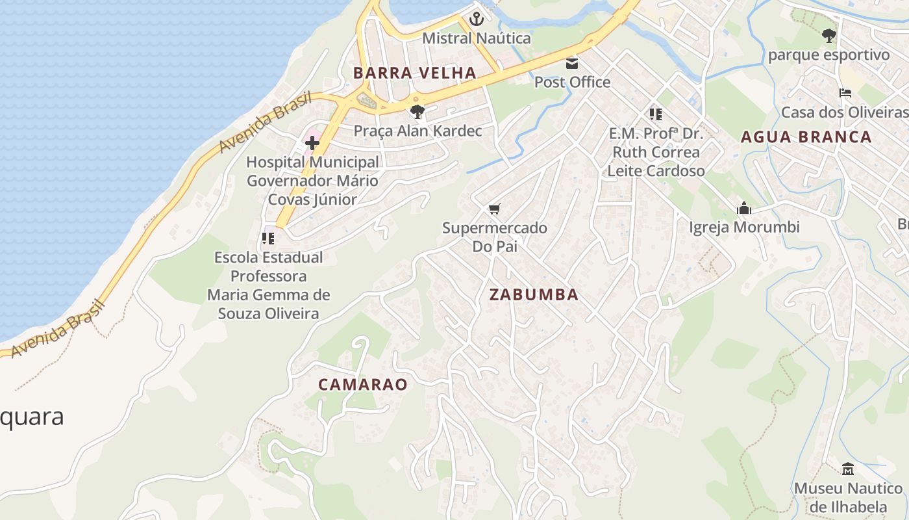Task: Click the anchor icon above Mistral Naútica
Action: [x=477, y=19]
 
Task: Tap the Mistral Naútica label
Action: [x=477, y=38]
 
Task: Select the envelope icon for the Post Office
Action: [x=572, y=63]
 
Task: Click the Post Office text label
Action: [x=572, y=82]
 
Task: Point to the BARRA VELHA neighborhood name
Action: [x=415, y=73]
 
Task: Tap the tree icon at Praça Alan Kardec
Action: [x=417, y=111]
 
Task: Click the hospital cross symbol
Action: [x=312, y=143]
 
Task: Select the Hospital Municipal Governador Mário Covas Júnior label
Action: [x=312, y=181]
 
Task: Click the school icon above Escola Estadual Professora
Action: [x=268, y=239]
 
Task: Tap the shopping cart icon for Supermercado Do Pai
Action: [x=495, y=209]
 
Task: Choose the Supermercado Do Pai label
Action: [x=495, y=237]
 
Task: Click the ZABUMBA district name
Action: [x=534, y=294]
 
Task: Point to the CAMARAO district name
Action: [x=363, y=384]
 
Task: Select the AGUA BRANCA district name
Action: [x=806, y=137]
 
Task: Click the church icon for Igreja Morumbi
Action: [x=744, y=209]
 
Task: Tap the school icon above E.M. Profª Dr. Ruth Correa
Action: [x=656, y=114]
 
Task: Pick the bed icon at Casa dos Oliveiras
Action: [x=845, y=93]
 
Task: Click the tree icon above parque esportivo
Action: [x=828, y=36]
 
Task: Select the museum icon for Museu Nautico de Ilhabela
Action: [x=848, y=469]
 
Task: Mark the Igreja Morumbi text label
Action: [x=744, y=227]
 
